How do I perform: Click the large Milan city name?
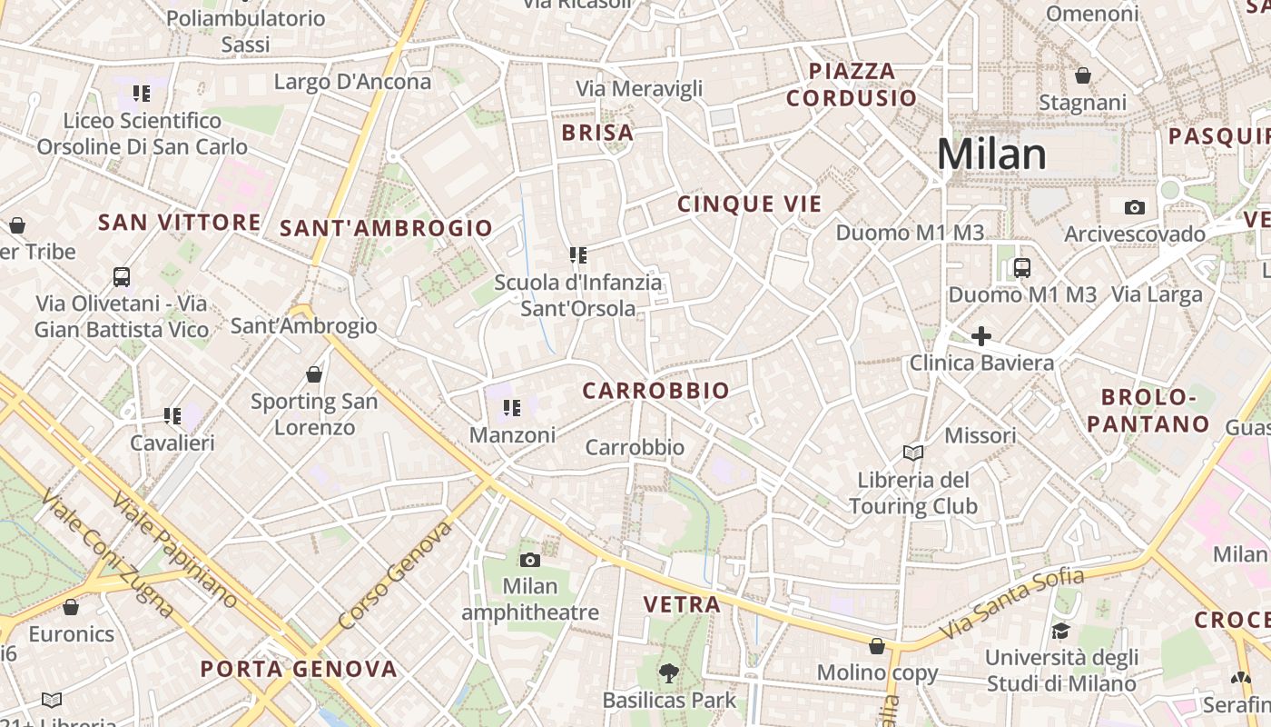991,155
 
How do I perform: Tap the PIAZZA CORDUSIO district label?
852,85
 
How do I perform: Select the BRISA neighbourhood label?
597,134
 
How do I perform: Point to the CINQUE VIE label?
749,204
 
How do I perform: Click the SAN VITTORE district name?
179,223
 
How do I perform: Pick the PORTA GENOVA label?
299,670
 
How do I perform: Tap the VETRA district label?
682,604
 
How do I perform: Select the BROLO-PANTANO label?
1148,411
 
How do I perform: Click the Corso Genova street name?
395,575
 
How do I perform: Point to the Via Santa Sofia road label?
1011,603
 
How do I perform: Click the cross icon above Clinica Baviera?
980,336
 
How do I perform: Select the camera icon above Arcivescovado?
1134,208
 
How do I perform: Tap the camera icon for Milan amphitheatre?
530,560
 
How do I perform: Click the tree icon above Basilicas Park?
669,673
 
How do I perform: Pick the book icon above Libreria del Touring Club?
912,453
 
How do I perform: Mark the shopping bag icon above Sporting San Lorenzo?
314,374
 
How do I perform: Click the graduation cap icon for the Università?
1060,631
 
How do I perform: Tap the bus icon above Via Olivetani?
122,276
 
